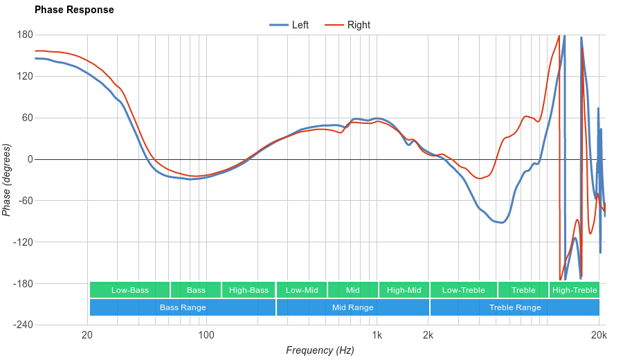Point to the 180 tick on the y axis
pos(25,35)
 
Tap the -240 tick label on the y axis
pos(23,325)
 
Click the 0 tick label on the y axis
pos(30,159)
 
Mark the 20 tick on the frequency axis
pos(87,336)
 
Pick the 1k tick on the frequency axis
pos(377,336)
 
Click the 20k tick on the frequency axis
pos(599,336)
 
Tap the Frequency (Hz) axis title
pos(320,350)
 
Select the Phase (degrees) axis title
pos(7,180)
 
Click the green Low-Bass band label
pos(129,290)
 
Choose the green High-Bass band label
pos(249,290)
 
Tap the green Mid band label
pos(353,290)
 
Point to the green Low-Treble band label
pos(463,290)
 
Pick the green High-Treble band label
pos(575,290)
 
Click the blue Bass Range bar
pos(183,307)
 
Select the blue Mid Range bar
pos(353,307)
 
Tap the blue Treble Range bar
pos(515,307)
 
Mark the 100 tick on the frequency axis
pos(206,336)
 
